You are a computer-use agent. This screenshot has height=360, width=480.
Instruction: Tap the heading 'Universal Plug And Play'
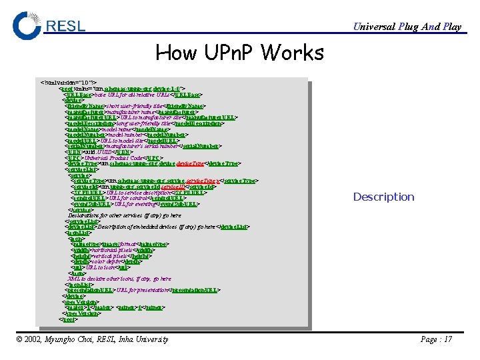(x=407, y=27)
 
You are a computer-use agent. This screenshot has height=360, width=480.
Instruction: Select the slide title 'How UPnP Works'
(x=239, y=52)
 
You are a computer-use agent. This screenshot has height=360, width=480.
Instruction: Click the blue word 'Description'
(x=383, y=197)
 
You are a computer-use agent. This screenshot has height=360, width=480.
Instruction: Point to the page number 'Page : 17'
(x=436, y=339)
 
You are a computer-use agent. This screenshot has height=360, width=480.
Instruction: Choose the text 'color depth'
(x=107, y=261)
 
